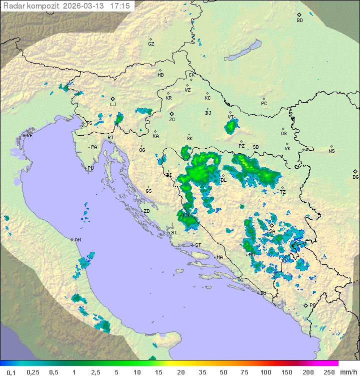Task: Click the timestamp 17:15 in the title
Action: point(120,6)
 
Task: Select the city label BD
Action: point(299,21)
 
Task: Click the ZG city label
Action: point(172,120)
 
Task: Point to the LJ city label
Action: point(113,104)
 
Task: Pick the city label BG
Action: point(355,177)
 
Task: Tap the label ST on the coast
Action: point(198,245)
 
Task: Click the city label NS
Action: point(331,151)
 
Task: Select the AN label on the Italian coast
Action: point(77,240)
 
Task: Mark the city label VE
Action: point(29,135)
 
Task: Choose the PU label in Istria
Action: point(90,168)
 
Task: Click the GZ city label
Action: point(151,44)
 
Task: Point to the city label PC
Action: point(264,104)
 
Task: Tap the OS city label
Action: point(283,133)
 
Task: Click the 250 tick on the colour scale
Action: point(328,372)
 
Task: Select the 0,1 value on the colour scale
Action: point(11,372)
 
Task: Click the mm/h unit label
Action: point(348,372)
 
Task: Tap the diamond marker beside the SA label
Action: point(271,226)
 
